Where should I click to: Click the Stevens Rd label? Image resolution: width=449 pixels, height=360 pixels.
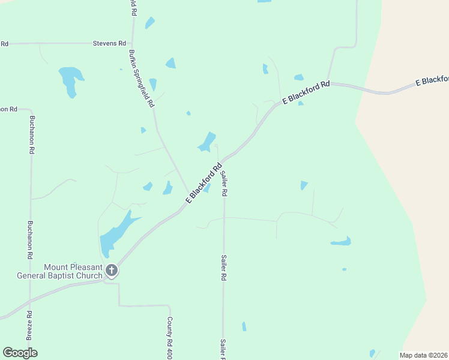(109, 43)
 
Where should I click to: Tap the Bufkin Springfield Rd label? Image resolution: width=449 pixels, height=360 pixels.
(140, 79)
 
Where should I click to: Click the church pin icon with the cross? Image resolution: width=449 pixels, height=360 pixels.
(111, 271)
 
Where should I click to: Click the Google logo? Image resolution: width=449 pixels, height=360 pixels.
(20, 353)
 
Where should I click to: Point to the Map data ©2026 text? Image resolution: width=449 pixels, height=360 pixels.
(424, 355)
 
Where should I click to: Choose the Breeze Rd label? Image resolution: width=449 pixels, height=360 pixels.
(29, 324)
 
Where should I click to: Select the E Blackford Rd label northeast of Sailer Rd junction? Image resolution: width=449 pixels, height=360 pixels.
(306, 94)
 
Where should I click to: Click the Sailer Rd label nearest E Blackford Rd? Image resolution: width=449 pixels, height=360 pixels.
(224, 184)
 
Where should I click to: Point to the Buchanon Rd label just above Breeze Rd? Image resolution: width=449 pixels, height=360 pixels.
(29, 240)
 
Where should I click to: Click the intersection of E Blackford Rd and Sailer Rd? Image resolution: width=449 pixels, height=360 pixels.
(223, 161)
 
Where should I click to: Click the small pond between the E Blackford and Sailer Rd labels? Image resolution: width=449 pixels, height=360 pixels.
(207, 188)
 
